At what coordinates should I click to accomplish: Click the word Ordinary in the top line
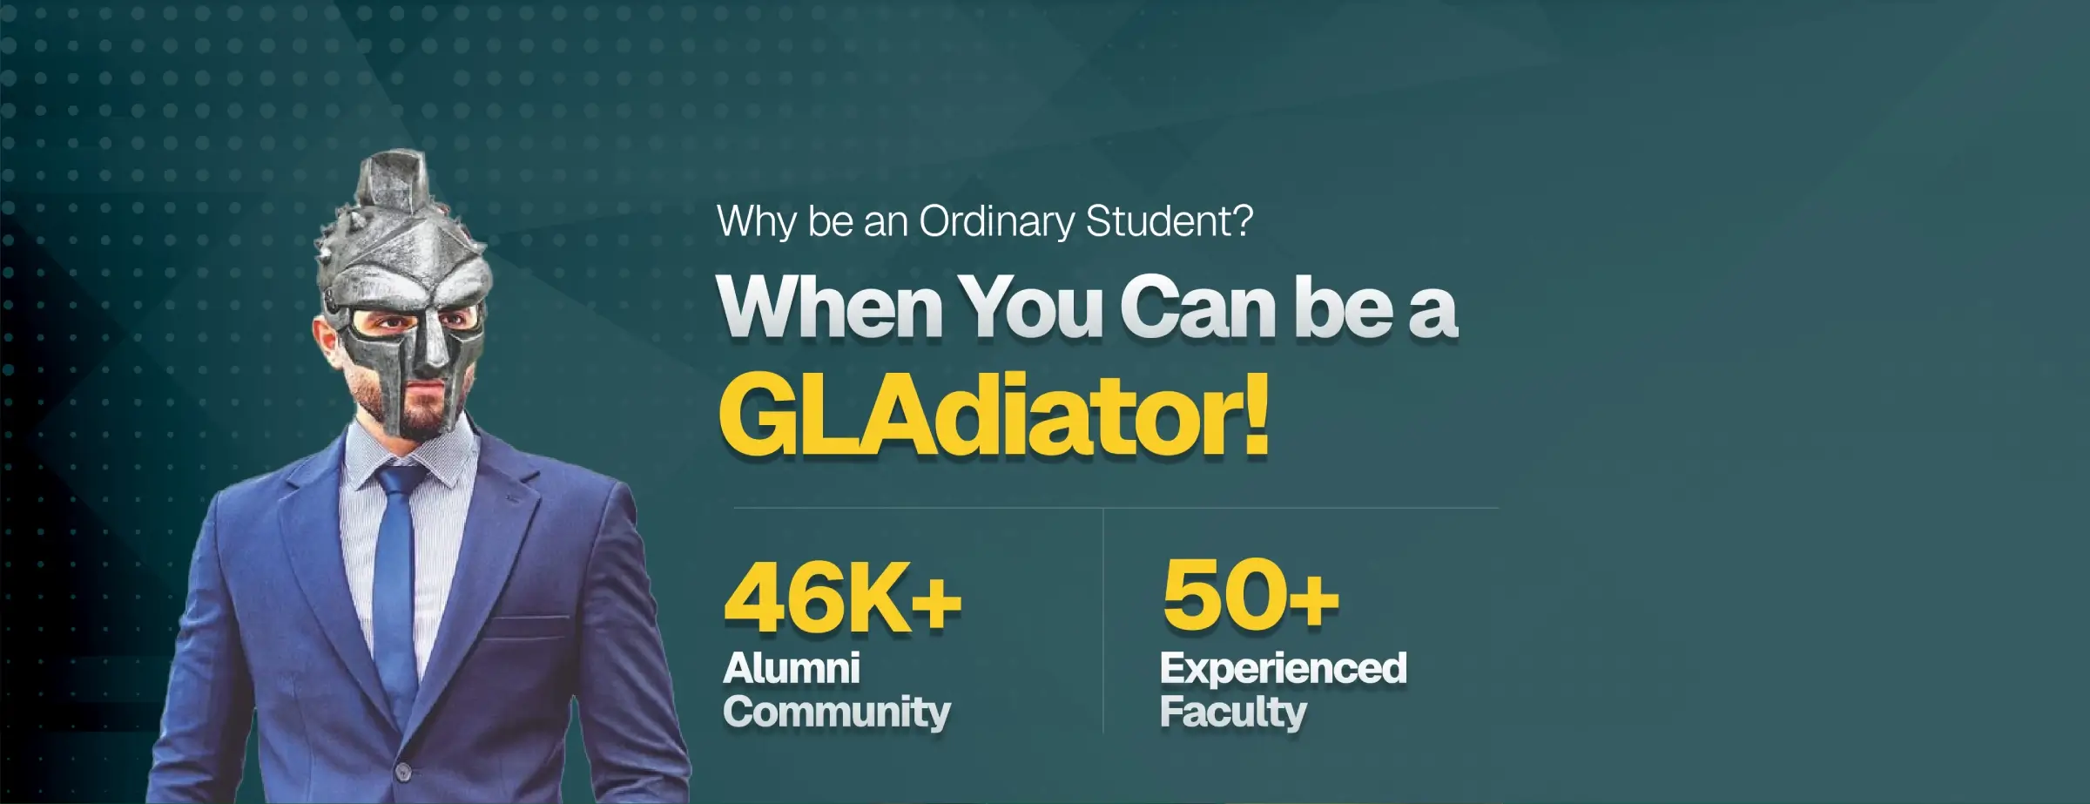tap(997, 223)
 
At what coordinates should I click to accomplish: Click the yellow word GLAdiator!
tap(994, 416)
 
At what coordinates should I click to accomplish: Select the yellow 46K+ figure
tap(842, 598)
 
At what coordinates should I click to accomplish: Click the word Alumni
tap(792, 669)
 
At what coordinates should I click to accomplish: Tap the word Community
tap(837, 713)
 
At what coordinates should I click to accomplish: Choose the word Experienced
tap(1283, 669)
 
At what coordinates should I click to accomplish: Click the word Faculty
tap(1233, 713)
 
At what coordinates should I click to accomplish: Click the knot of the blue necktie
tap(400, 479)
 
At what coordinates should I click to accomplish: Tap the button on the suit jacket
tap(402, 772)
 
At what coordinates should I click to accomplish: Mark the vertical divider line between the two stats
tap(1103, 621)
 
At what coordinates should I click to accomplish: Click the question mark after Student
tap(1243, 220)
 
